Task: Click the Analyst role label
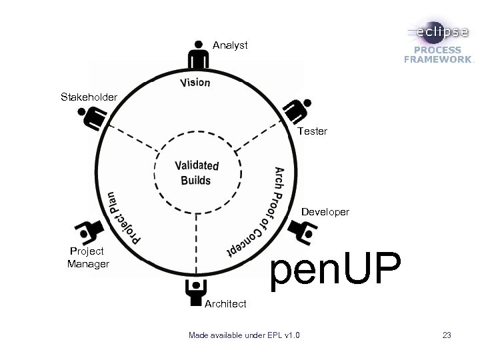click(x=230, y=45)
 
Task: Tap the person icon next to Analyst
click(x=197, y=54)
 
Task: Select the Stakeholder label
click(x=89, y=97)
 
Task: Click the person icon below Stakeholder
click(x=93, y=119)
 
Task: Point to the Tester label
click(x=313, y=131)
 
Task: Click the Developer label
click(x=325, y=212)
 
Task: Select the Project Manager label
click(x=87, y=257)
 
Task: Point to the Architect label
click(x=225, y=303)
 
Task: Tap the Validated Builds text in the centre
click(x=196, y=173)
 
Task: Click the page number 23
click(x=446, y=334)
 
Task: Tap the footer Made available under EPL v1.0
click(x=244, y=334)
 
